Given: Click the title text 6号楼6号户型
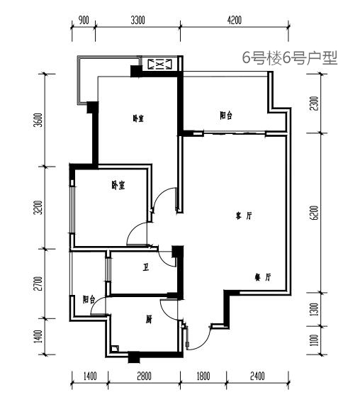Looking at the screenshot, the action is [290, 58].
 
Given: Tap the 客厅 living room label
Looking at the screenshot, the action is [244, 216].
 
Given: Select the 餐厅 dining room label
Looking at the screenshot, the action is [263, 277].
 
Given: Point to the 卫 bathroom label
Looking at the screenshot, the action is [146, 268].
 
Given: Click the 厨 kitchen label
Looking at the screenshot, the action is [149, 320].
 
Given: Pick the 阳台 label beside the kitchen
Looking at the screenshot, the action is [89, 299].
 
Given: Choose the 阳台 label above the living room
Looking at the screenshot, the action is [226, 116].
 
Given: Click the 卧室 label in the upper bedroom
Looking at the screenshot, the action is [138, 118].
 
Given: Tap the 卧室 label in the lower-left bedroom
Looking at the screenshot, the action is [118, 185].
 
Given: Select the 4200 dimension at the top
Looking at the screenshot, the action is [235, 20].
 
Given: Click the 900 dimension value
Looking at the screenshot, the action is [84, 20].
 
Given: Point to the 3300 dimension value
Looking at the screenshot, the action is [138, 20].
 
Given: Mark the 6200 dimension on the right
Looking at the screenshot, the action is [315, 213].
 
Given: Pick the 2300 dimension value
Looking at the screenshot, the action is [315, 104].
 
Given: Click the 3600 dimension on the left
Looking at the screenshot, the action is [39, 120].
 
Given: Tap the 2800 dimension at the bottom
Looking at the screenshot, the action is [145, 376].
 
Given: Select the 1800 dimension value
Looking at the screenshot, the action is [203, 376].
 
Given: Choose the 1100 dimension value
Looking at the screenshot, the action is [315, 340].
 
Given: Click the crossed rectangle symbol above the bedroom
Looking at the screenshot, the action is [160, 64].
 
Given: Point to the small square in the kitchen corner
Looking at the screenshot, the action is [115, 349].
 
